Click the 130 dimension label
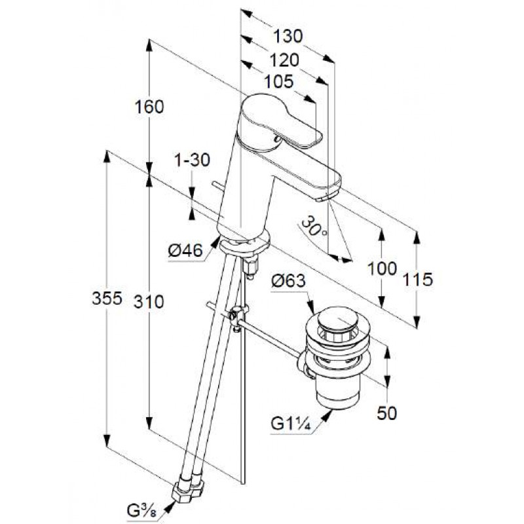(x=288, y=36)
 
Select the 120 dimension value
(x=284, y=60)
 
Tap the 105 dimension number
(x=279, y=81)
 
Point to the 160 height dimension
(x=149, y=107)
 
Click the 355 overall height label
(x=107, y=298)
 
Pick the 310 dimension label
(x=149, y=302)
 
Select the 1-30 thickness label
(x=192, y=160)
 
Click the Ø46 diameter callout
(x=185, y=250)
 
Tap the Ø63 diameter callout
(x=288, y=281)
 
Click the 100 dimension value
(x=383, y=269)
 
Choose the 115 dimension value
(x=418, y=280)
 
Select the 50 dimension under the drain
(x=387, y=413)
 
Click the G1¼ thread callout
(x=291, y=424)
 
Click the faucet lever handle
(x=281, y=121)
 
